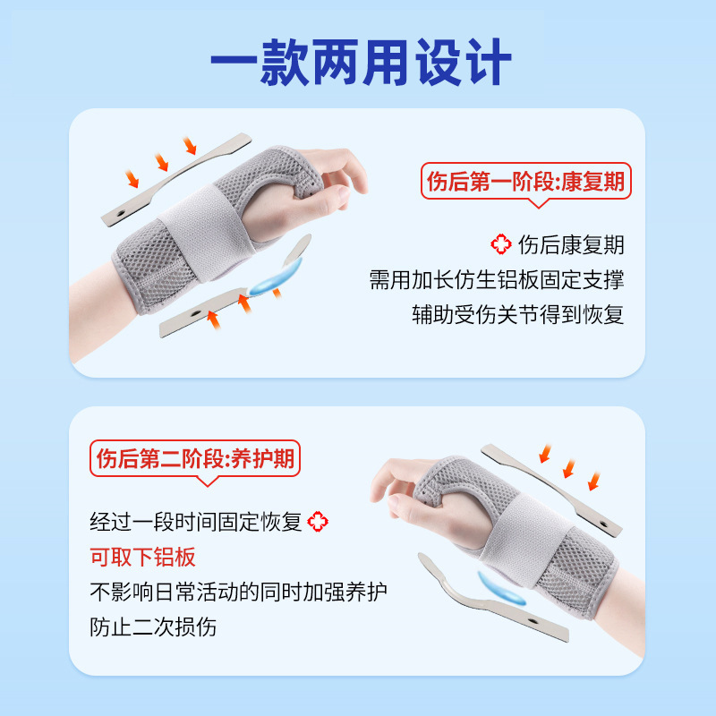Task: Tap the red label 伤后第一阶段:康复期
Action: point(526,183)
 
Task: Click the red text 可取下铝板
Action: point(142,557)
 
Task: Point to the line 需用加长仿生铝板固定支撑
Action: point(497,279)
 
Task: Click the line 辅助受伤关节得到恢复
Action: point(516,314)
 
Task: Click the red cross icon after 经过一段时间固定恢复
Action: point(318,522)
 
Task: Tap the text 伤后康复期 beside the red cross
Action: point(571,244)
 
